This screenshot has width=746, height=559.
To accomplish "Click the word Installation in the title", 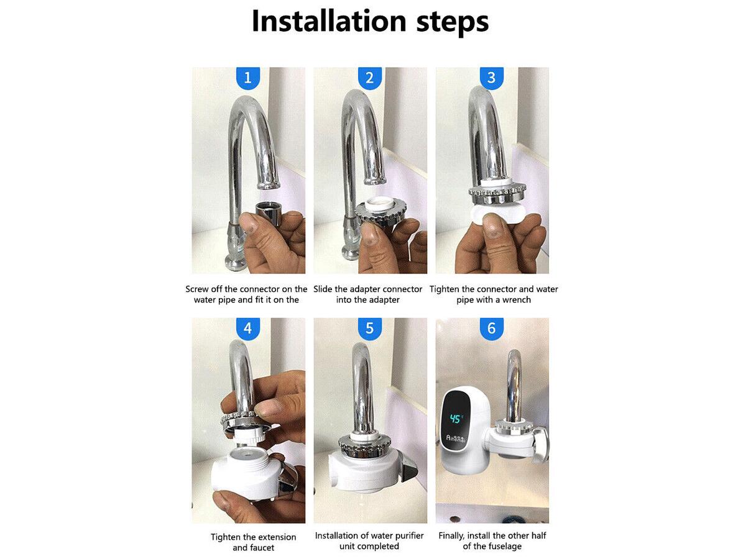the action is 329,21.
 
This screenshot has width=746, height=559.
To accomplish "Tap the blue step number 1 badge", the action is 248,78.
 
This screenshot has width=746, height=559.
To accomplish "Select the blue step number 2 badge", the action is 370,78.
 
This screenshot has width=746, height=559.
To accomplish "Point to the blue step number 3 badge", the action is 492,78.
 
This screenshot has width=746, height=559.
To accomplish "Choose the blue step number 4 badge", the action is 248,329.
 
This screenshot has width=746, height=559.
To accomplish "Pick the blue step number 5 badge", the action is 370,329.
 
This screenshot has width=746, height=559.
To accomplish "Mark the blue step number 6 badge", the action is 492,329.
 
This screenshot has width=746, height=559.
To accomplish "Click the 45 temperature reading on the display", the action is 456,419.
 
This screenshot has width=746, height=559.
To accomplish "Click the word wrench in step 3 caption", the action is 516,300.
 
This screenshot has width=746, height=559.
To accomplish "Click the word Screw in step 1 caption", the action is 196,289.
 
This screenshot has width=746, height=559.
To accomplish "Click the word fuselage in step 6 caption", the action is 507,547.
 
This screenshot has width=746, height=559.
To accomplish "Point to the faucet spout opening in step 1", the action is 269,185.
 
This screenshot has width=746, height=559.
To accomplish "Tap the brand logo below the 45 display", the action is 456,438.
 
